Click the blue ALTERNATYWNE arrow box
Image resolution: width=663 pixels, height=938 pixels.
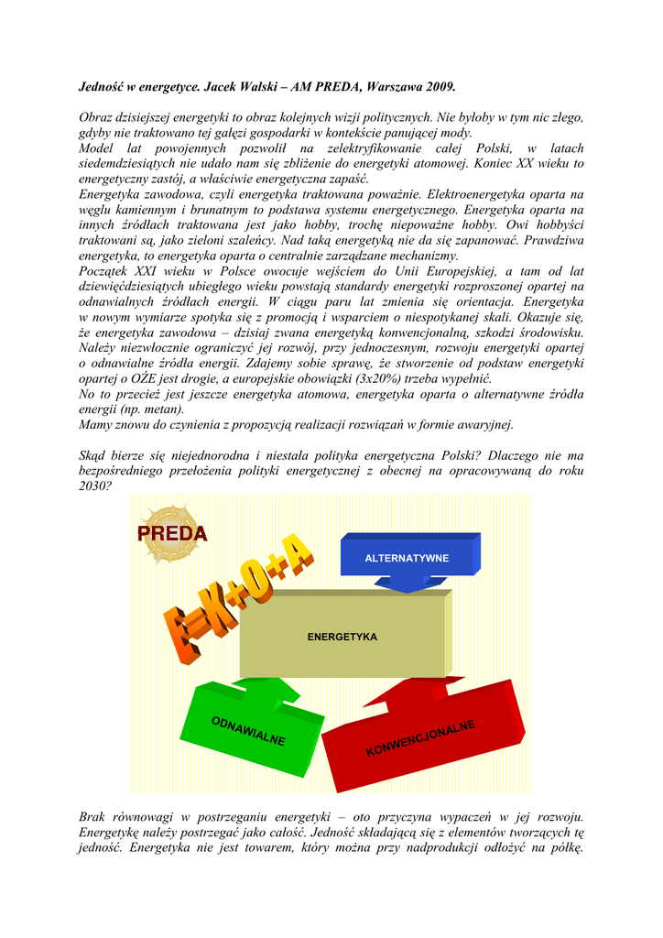[x=408, y=558]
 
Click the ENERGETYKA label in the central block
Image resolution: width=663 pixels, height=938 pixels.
[x=342, y=637]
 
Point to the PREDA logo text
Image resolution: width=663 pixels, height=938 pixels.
[x=172, y=533]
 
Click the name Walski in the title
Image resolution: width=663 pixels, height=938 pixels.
[x=248, y=87]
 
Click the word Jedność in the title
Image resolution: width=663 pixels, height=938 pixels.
[x=102, y=87]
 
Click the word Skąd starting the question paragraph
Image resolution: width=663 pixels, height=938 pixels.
[x=95, y=454]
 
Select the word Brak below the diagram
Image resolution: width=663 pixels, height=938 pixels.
[x=94, y=816]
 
